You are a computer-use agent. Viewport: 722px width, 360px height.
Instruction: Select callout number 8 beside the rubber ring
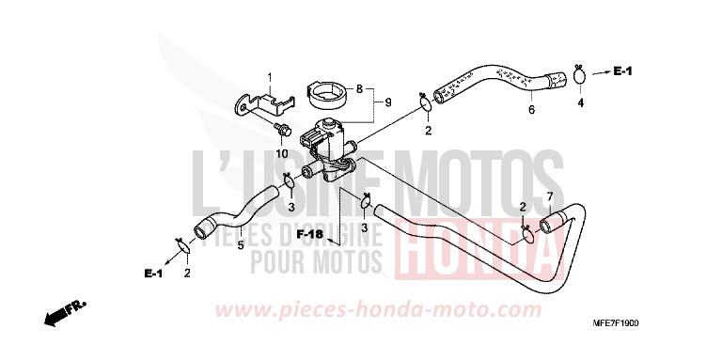[358, 89]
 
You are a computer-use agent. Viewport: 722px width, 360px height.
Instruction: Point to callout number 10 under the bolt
[281, 153]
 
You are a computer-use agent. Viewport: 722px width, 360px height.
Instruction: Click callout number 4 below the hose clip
[580, 102]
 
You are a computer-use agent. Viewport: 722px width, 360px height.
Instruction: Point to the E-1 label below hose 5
[153, 274]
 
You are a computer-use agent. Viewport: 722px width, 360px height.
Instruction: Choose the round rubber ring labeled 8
[328, 95]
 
